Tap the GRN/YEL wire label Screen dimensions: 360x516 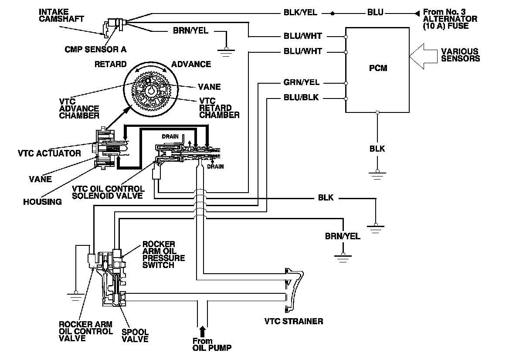(x=301, y=82)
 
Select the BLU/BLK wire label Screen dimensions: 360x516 (x=301, y=98)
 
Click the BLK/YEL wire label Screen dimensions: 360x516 (x=301, y=13)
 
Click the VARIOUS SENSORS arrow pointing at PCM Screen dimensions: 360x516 (x=425, y=55)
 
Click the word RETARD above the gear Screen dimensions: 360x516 (x=110, y=64)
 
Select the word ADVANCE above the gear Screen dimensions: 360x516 (x=191, y=64)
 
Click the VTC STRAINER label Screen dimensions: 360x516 (x=294, y=322)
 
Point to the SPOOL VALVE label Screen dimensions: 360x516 (x=135, y=335)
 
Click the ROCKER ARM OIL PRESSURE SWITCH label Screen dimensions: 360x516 (x=163, y=255)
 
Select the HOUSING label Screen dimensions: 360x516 (x=43, y=201)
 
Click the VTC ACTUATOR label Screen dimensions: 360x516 (x=49, y=153)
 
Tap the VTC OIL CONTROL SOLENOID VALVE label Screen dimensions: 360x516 (x=109, y=192)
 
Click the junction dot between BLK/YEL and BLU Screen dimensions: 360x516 (x=333, y=14)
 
